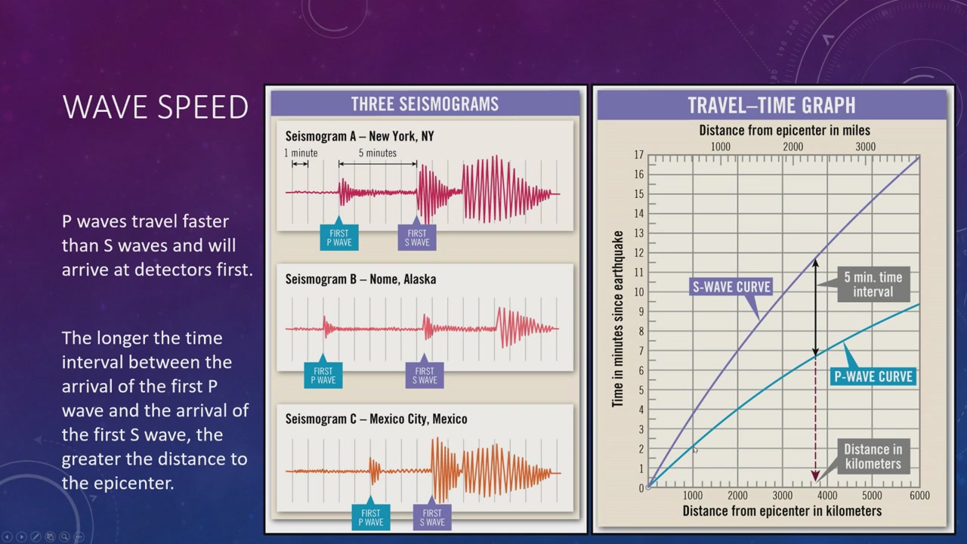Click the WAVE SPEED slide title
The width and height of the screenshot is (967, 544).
pyautogui.click(x=156, y=107)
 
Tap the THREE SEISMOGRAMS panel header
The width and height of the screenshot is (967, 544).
pyautogui.click(x=425, y=104)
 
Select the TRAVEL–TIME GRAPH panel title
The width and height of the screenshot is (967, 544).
pyautogui.click(x=771, y=105)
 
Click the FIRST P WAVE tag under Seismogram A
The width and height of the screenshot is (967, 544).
pyautogui.click(x=339, y=237)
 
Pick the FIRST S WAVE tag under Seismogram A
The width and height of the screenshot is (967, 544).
pyautogui.click(x=417, y=237)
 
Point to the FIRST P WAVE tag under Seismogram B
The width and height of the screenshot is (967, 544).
pyautogui.click(x=323, y=376)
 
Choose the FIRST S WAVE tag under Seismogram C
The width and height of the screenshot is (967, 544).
pyautogui.click(x=432, y=518)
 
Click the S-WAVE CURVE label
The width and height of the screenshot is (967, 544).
pyautogui.click(x=731, y=286)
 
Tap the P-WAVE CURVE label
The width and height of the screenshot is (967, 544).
pyautogui.click(x=873, y=376)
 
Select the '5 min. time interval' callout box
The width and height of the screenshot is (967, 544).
pyautogui.click(x=873, y=284)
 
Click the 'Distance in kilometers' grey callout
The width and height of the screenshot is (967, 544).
pyautogui.click(x=873, y=456)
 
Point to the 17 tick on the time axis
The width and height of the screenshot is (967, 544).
pyautogui.click(x=638, y=155)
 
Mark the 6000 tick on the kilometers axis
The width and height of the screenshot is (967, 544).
pyautogui.click(x=919, y=495)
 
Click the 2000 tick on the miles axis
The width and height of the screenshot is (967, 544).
pyautogui.click(x=793, y=147)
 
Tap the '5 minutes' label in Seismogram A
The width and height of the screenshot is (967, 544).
pyautogui.click(x=377, y=153)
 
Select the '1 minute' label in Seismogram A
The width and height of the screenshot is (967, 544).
pyautogui.click(x=301, y=153)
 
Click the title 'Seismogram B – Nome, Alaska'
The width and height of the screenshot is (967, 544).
pyautogui.click(x=360, y=280)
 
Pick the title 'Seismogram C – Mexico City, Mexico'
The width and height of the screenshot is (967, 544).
pyautogui.click(x=376, y=419)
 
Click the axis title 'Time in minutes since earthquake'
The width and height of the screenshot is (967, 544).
pyautogui.click(x=618, y=319)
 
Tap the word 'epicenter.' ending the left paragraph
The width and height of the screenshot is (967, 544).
pyautogui.click(x=117, y=484)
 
